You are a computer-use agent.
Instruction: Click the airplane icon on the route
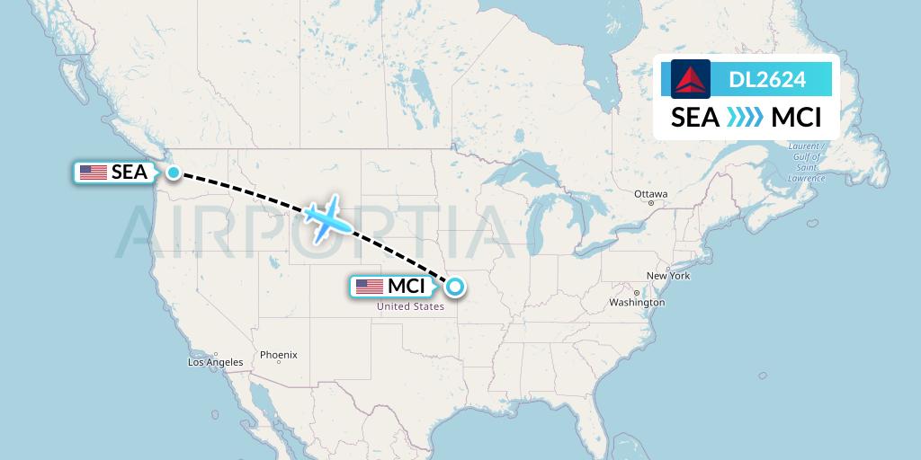click(x=326, y=218)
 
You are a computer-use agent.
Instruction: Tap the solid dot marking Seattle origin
click(x=174, y=171)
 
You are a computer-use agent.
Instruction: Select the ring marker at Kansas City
click(x=455, y=287)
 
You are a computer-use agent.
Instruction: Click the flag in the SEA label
click(x=94, y=172)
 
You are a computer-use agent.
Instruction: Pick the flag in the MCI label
click(x=370, y=287)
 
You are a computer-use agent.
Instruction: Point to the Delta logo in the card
click(x=691, y=80)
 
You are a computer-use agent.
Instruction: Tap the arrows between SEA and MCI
click(x=744, y=118)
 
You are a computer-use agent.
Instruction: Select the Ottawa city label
click(x=650, y=194)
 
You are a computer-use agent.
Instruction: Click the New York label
click(x=668, y=276)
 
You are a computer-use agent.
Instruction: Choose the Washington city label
click(x=636, y=303)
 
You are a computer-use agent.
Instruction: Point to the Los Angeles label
click(x=215, y=363)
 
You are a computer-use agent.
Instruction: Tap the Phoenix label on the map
click(x=278, y=355)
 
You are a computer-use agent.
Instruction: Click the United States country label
click(x=410, y=306)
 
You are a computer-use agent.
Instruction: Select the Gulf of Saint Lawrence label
click(x=806, y=162)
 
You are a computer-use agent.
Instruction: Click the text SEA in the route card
click(x=695, y=118)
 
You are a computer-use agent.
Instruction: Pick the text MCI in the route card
click(x=796, y=118)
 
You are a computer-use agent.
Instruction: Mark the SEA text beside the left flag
click(x=129, y=172)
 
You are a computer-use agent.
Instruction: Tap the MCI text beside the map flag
click(x=406, y=287)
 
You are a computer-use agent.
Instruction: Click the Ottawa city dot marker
click(x=650, y=204)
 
